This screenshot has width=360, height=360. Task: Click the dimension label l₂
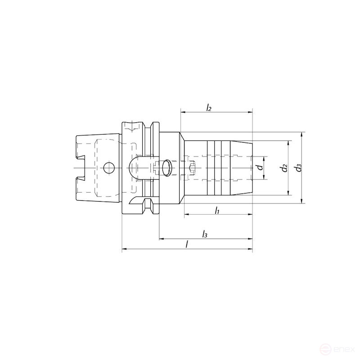coord(209,108)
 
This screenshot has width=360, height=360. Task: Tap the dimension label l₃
coord(205,234)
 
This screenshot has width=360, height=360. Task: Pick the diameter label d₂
coord(283,168)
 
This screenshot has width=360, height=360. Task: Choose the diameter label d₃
coord(298,168)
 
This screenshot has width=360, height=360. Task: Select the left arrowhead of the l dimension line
coord(124,248)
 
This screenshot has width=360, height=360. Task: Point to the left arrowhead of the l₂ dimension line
coord(183,112)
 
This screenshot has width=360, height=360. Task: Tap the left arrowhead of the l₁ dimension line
coord(187,214)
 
